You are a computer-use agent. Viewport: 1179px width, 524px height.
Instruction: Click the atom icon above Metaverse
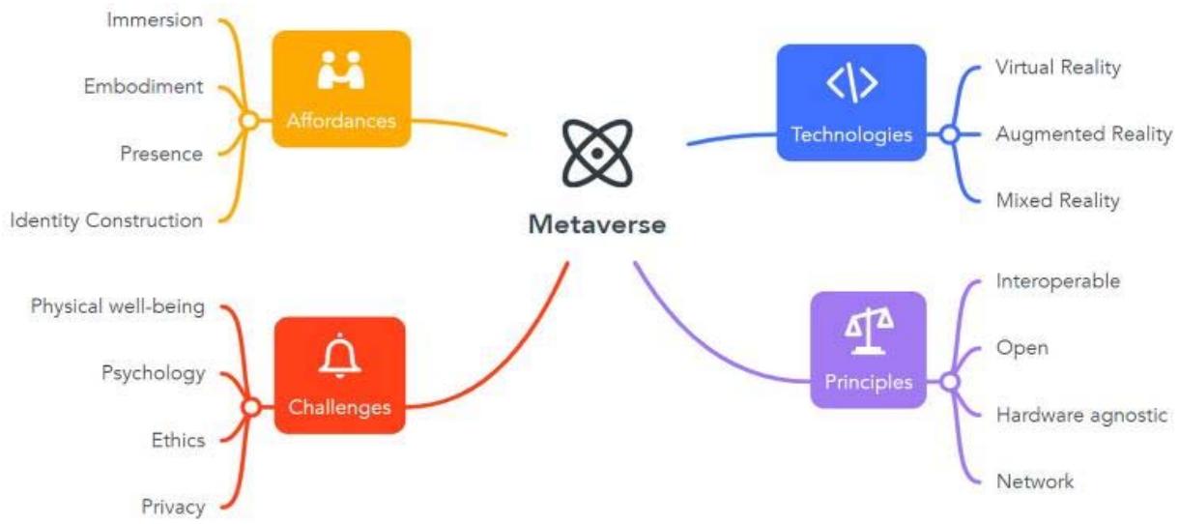coord(597,153)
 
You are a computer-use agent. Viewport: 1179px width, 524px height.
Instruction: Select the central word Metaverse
coord(596,225)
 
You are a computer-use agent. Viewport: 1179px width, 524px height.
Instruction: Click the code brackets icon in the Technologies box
coord(851,85)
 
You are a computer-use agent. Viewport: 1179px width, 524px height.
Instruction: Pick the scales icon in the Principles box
coord(869,330)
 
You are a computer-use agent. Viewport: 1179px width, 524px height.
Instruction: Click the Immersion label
coord(155,20)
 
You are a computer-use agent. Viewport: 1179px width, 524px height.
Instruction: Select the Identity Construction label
coord(106,220)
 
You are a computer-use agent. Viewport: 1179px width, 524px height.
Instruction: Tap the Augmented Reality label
coord(1083,134)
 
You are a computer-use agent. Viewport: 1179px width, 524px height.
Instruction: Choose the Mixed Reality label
coord(1057,201)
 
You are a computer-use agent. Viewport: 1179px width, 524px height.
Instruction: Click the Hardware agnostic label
coord(1082,415)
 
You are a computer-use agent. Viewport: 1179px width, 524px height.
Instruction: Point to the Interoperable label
coord(1057,281)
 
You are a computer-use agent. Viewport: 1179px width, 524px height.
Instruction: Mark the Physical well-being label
coord(117,306)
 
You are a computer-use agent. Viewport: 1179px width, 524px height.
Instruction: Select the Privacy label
coord(173,507)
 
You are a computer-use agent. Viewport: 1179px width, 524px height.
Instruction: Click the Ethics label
coord(178,440)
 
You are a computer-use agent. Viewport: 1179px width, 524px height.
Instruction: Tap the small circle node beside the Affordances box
coord(248,121)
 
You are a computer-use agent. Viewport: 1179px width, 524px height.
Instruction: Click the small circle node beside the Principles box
coord(949,381)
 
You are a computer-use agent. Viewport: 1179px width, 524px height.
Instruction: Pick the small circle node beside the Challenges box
coord(250,407)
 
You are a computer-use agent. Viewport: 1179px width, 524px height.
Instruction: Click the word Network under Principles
coord(1034,481)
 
